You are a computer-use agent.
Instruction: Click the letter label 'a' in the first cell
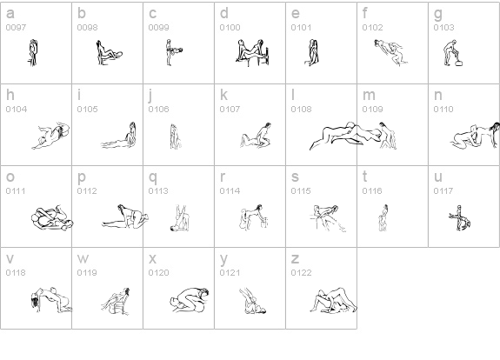(10, 13)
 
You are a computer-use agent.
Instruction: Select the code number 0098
(87, 28)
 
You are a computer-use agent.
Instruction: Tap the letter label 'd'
(224, 13)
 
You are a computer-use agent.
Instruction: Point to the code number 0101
(302, 28)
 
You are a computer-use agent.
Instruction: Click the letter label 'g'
(438, 15)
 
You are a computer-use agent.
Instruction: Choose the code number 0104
(17, 109)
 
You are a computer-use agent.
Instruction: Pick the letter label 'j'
(150, 96)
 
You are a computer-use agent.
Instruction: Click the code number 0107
(230, 109)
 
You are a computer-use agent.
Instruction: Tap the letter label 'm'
(369, 95)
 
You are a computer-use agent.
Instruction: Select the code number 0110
(443, 109)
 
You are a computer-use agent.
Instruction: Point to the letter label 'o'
(10, 177)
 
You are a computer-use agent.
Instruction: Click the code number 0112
(87, 190)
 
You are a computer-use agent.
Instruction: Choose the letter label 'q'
(153, 178)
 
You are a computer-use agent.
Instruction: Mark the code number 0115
(301, 190)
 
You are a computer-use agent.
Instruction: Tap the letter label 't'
(365, 176)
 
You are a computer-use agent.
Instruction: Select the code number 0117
(443, 190)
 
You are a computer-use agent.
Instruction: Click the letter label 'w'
(83, 258)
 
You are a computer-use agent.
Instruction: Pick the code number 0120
(158, 273)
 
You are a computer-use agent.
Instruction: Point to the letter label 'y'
(223, 260)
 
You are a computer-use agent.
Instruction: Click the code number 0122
(302, 273)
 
